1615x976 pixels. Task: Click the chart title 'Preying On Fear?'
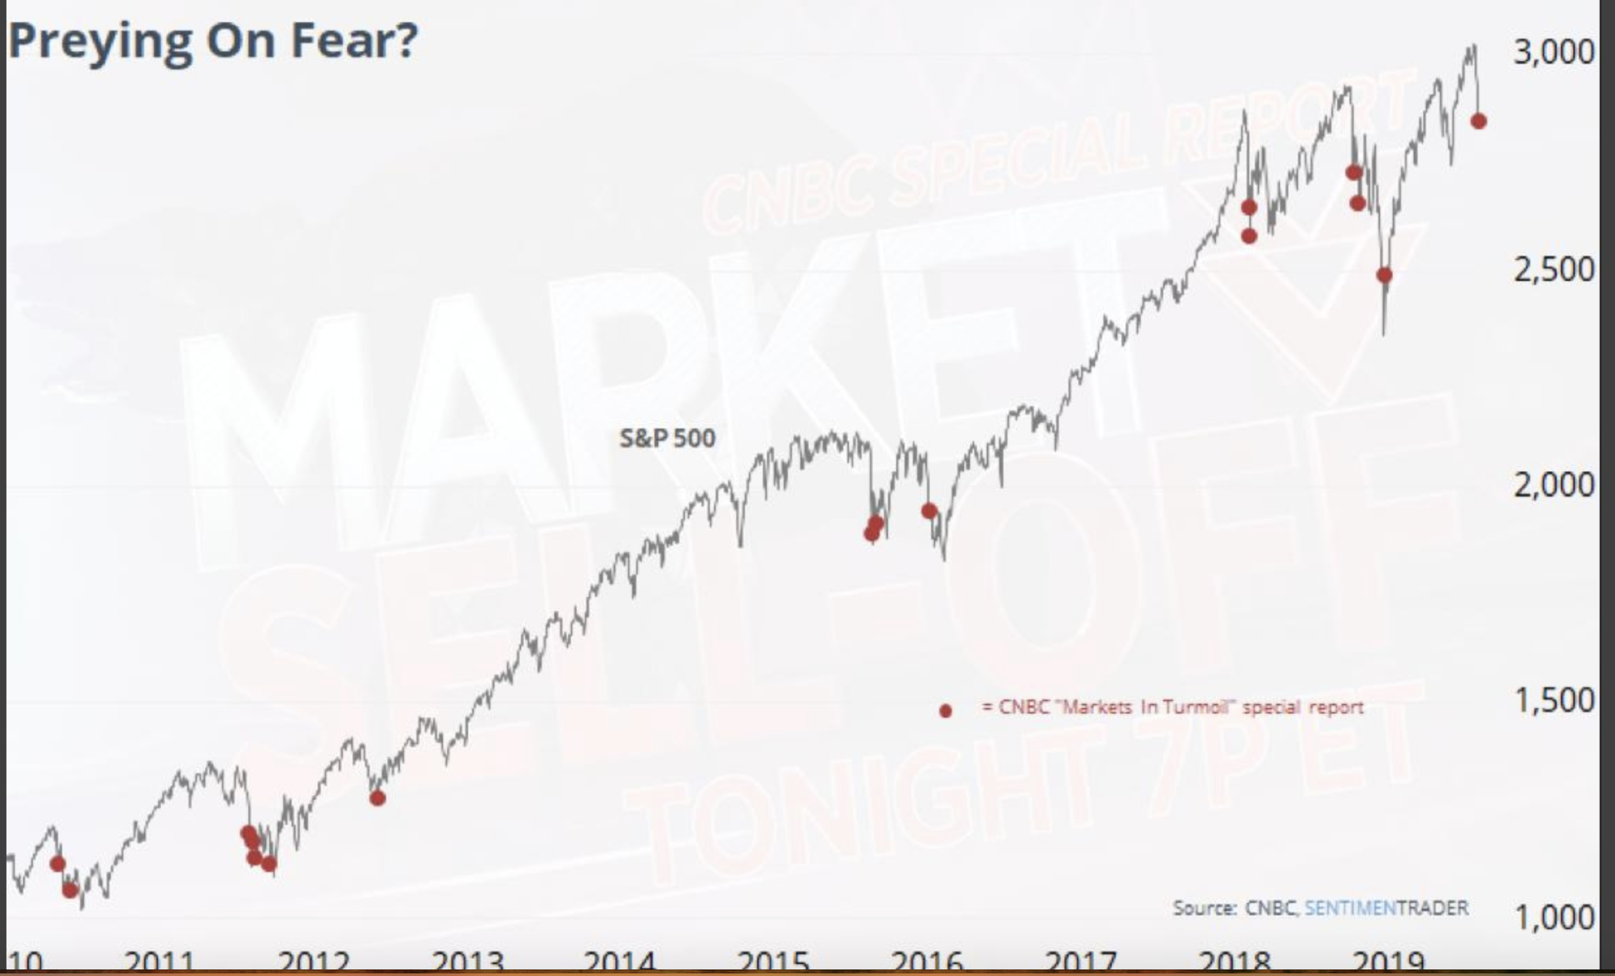pyautogui.click(x=213, y=41)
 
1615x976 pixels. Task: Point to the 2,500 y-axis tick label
pyautogui.click(x=1553, y=269)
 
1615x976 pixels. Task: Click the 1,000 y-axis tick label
pyautogui.click(x=1553, y=917)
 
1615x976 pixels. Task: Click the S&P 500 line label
pyautogui.click(x=667, y=438)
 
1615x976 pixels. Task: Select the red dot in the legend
pyautogui.click(x=945, y=711)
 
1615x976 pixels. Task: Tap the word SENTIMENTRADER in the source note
pyautogui.click(x=1386, y=908)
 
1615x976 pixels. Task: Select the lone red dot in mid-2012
pyautogui.click(x=377, y=798)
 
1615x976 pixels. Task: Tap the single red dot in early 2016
pyautogui.click(x=929, y=511)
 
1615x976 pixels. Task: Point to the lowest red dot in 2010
pyautogui.click(x=70, y=890)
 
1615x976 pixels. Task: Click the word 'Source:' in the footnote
pyautogui.click(x=1204, y=909)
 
